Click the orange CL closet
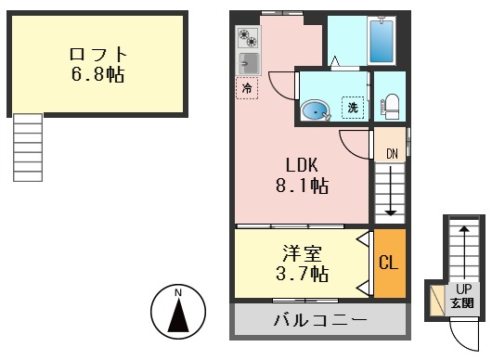coord(389,263)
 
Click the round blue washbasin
coord(316,111)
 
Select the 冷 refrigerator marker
coord(247,88)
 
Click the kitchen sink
coord(248,63)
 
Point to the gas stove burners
coord(248,38)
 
